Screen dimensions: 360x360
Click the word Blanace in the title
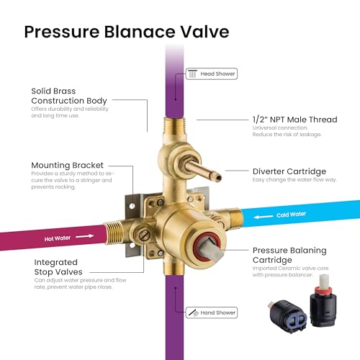(140, 32)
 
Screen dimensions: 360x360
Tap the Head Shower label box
(212, 73)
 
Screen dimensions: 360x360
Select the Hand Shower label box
(212, 312)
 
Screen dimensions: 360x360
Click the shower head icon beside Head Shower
(192, 73)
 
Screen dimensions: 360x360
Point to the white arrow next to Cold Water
(264, 217)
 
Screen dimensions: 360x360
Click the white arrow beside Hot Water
(85, 236)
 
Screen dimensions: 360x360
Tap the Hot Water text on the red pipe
(58, 238)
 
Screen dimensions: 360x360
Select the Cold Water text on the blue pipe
(291, 215)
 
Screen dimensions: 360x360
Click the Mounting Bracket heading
(68, 165)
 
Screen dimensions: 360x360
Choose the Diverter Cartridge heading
(289, 171)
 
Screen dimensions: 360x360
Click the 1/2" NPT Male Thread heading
(295, 120)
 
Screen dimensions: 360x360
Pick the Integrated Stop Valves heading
(58, 267)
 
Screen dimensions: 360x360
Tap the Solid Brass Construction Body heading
(69, 96)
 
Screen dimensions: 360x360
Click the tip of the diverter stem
(218, 178)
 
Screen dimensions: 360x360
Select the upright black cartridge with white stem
(323, 301)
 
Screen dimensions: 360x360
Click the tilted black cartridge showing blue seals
(287, 316)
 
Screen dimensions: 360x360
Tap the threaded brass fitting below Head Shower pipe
(174, 127)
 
